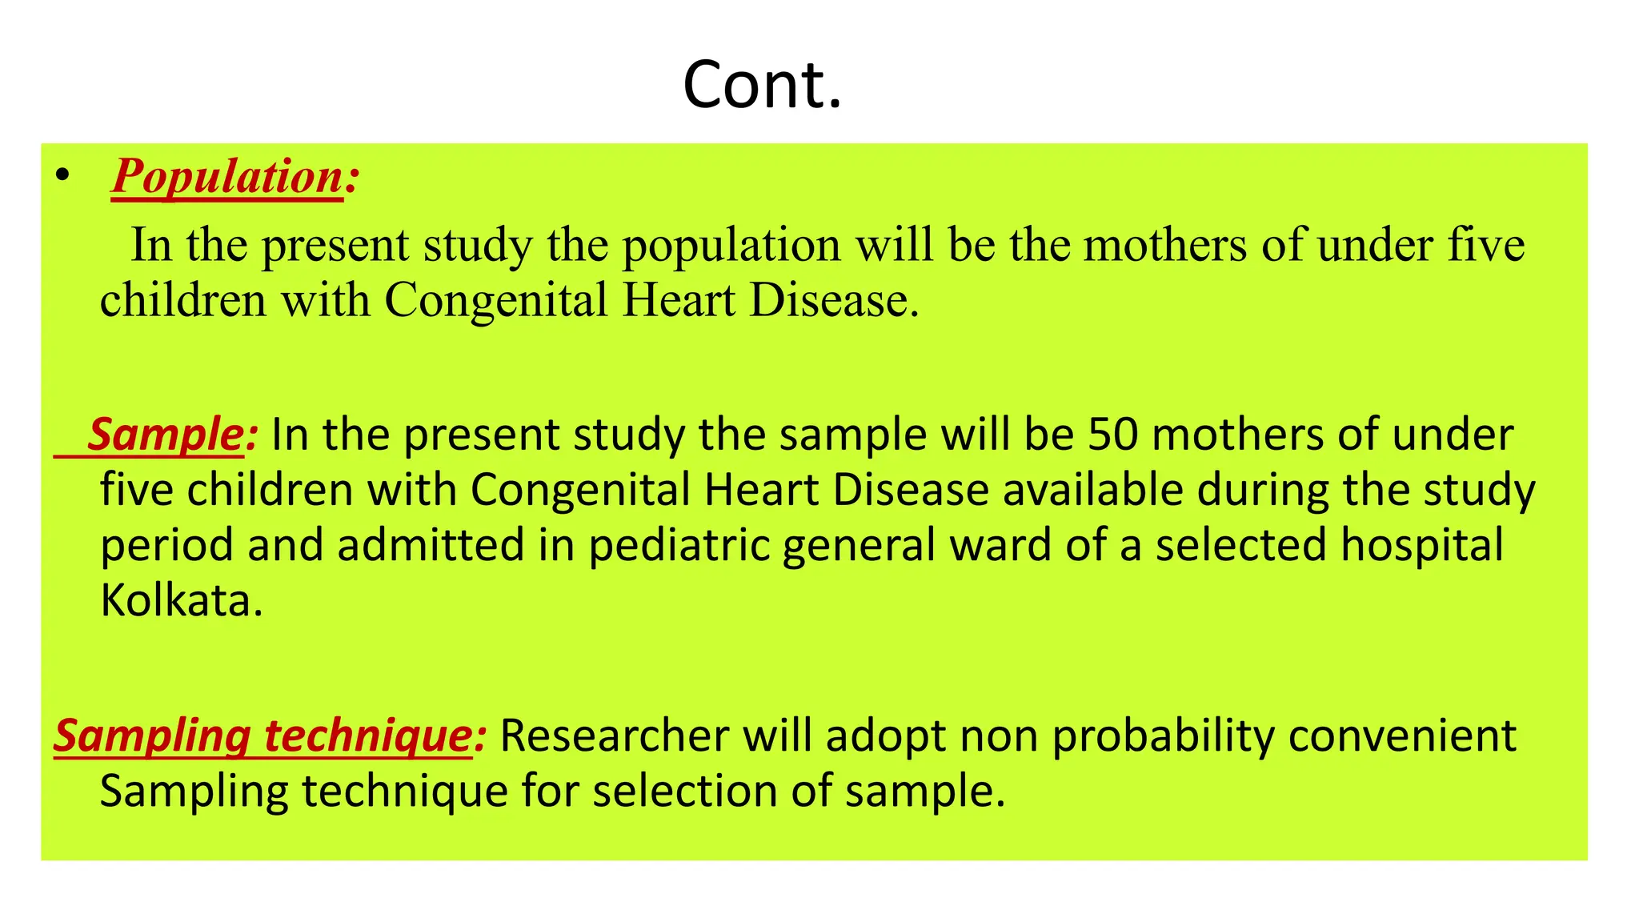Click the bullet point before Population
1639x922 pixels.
(x=63, y=175)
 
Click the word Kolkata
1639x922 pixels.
(x=180, y=600)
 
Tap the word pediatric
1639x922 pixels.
(x=679, y=546)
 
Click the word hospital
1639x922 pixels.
(x=1422, y=546)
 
